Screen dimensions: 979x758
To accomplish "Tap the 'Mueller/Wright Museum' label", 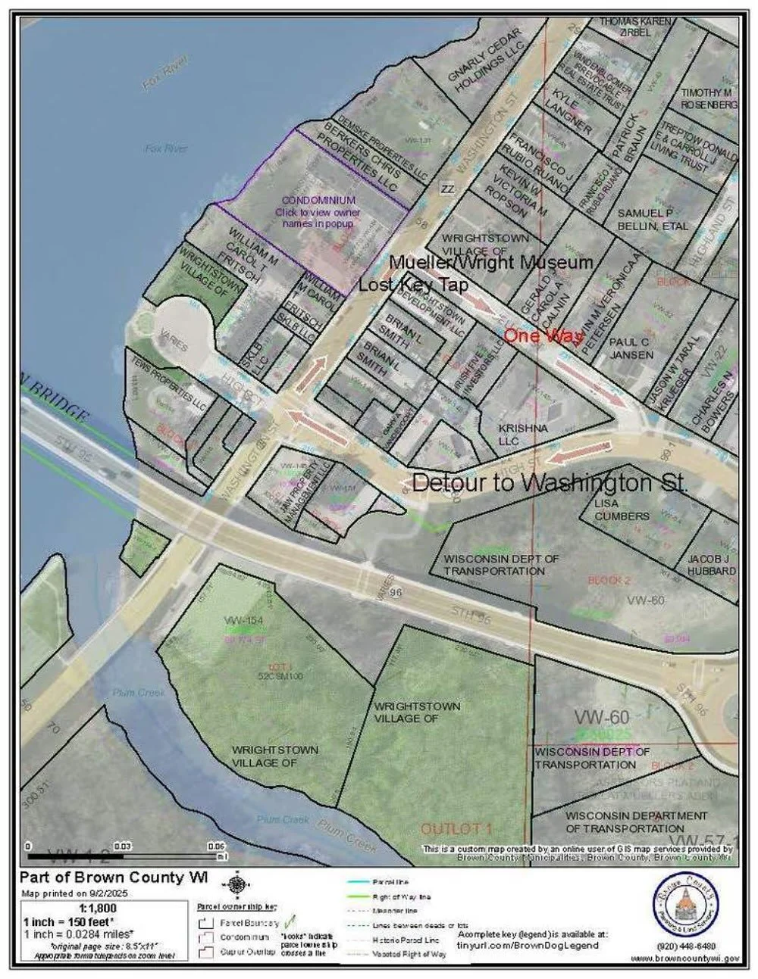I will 490,263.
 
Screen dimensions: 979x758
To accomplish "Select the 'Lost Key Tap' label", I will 412,285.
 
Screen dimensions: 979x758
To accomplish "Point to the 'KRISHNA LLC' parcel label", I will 518,434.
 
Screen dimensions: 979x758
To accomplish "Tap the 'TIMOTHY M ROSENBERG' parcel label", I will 708,98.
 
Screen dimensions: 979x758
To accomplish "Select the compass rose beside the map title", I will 237,882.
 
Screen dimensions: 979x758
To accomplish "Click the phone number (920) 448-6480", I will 684,946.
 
